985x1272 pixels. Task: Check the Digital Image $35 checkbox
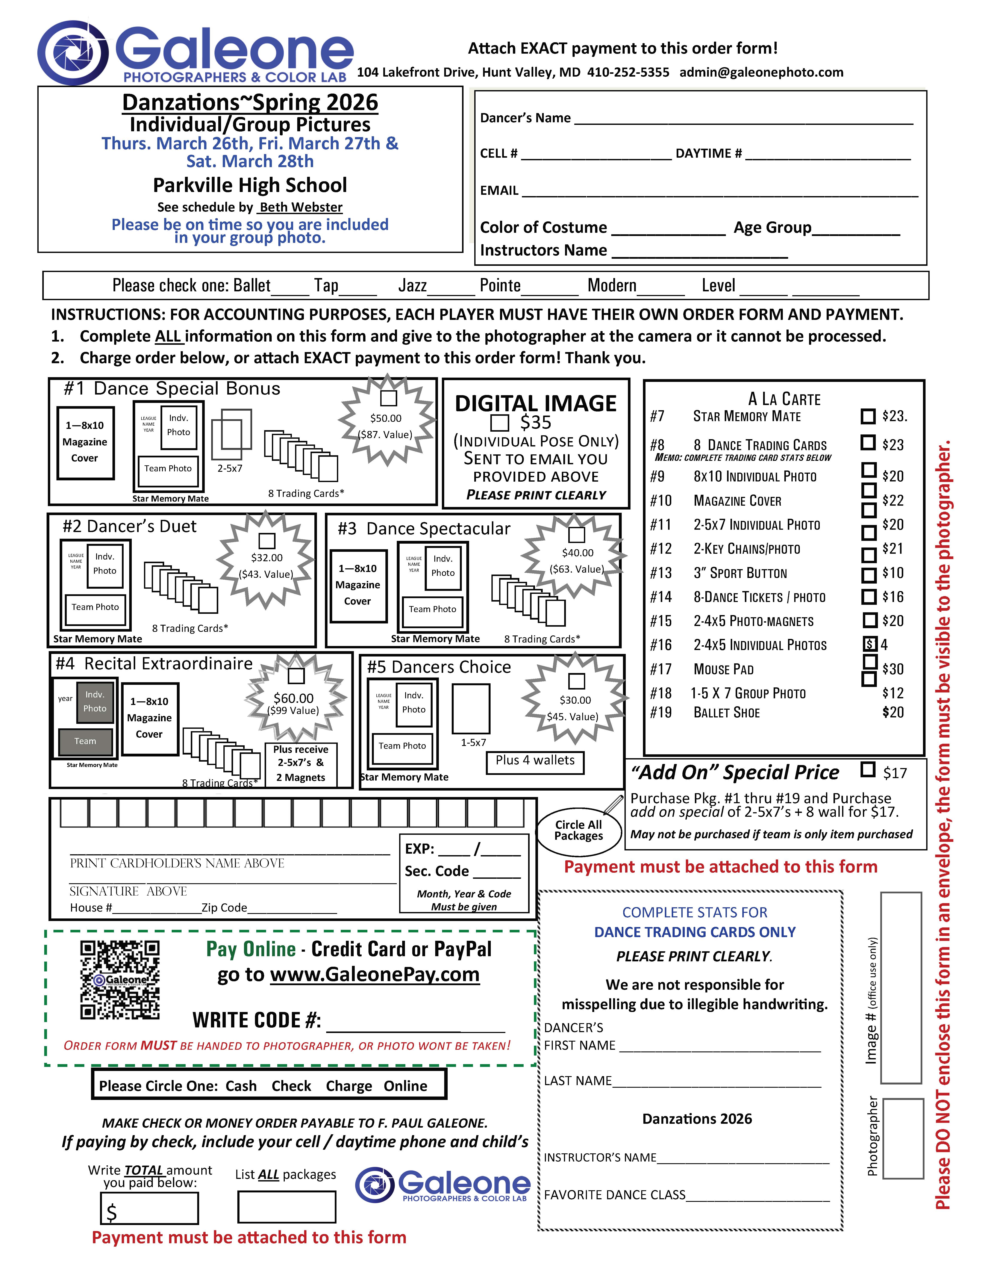(499, 422)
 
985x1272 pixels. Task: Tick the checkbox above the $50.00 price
(388, 398)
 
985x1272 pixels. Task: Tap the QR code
(120, 980)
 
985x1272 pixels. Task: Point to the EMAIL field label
(499, 191)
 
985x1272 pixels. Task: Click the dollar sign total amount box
(150, 1208)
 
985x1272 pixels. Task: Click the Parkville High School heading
(250, 185)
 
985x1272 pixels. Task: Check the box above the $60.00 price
(297, 676)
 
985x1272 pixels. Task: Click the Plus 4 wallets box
(535, 761)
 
